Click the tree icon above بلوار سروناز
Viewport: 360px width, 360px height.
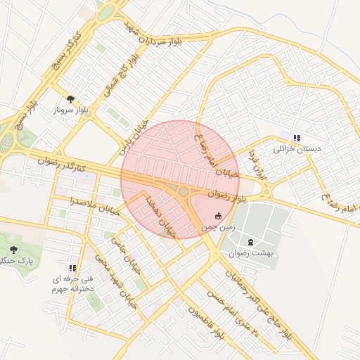(70, 99)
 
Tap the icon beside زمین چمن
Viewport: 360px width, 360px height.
(219, 216)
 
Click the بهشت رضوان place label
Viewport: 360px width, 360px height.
(250, 252)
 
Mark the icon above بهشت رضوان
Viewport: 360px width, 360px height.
(251, 241)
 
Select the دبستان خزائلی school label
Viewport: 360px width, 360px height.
(297, 149)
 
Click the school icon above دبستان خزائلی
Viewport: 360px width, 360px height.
(297, 138)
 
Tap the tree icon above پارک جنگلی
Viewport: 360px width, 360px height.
(14, 250)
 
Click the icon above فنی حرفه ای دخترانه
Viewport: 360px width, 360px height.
(72, 268)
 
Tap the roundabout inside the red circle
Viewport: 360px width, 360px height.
(184, 191)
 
